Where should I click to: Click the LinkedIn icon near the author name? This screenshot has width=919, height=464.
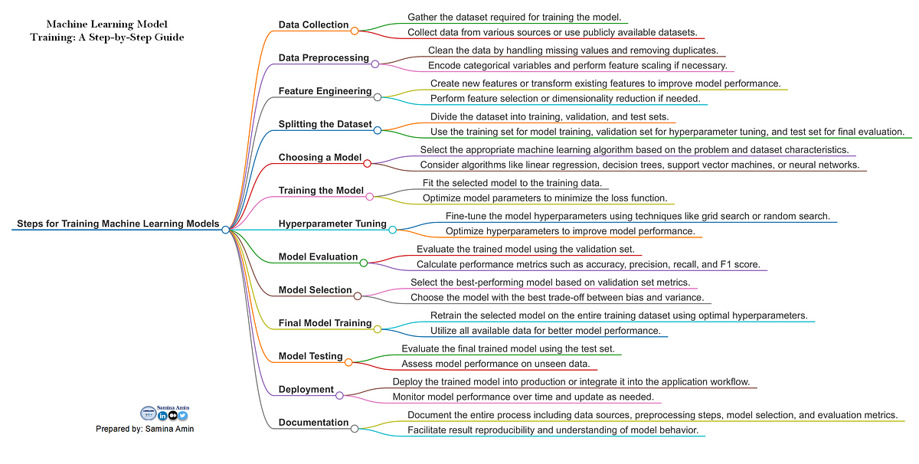pyautogui.click(x=162, y=416)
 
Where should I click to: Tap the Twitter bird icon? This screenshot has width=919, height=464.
pyautogui.click(x=183, y=416)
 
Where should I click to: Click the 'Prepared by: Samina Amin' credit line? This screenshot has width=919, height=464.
pyautogui.click(x=145, y=429)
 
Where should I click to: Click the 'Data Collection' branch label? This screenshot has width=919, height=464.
pyautogui.click(x=313, y=25)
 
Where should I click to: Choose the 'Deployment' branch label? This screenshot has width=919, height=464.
pyautogui.click(x=306, y=390)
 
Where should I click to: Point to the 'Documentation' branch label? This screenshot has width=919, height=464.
pyautogui.click(x=313, y=423)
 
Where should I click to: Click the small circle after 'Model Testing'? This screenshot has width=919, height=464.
pyautogui.click(x=349, y=361)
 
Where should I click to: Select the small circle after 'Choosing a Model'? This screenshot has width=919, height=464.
pyautogui.click(x=367, y=163)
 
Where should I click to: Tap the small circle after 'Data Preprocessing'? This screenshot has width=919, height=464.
pyautogui.click(x=375, y=64)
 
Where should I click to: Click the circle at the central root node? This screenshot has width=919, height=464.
pyautogui.click(x=226, y=229)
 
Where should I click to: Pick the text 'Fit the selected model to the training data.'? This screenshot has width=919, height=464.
pyautogui.click(x=515, y=183)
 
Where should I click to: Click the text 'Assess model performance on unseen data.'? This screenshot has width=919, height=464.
pyautogui.click(x=495, y=364)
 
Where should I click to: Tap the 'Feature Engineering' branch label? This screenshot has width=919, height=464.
pyautogui.click(x=325, y=91)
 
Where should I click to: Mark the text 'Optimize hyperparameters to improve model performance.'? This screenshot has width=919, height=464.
pyautogui.click(x=570, y=230)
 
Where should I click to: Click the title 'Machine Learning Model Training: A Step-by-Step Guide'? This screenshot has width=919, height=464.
pyautogui.click(x=106, y=31)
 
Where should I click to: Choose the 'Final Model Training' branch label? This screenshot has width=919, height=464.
pyautogui.click(x=325, y=323)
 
